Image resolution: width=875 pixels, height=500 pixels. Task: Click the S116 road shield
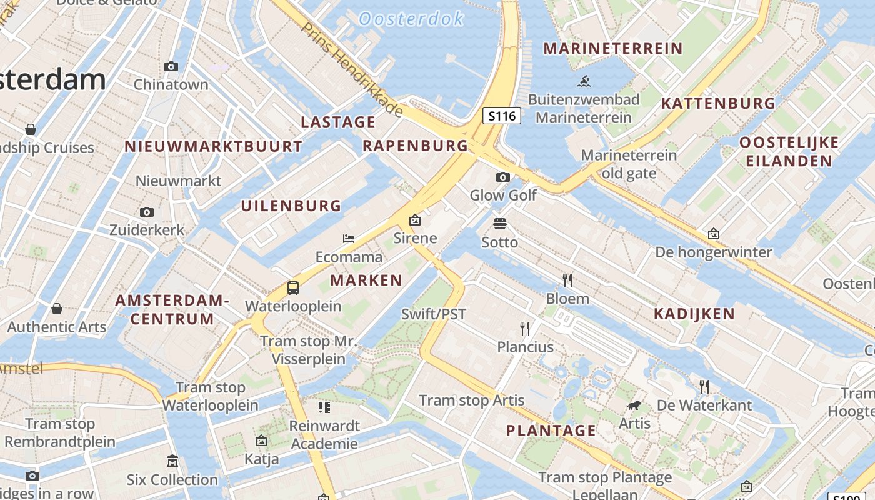[x=502, y=116]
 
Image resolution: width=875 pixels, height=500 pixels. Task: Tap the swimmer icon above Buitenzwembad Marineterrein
[x=584, y=81]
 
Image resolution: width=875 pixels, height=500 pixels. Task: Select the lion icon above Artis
[x=634, y=406]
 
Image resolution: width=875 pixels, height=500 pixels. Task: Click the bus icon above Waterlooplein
[x=293, y=288]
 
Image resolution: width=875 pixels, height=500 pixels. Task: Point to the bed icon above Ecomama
[x=349, y=239]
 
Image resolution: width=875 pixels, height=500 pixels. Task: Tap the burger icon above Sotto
[x=499, y=223]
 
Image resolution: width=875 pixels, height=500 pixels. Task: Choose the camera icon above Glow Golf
[x=502, y=177]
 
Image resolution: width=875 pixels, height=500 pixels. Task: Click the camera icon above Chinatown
[x=171, y=66]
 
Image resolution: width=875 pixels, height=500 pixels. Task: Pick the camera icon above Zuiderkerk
[x=147, y=212]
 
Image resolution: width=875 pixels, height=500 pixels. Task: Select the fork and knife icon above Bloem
[x=567, y=279]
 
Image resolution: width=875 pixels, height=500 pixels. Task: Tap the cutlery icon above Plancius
[x=525, y=328]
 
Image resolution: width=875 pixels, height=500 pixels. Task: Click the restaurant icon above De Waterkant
[x=704, y=387]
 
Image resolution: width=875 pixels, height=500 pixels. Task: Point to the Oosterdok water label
[x=411, y=19]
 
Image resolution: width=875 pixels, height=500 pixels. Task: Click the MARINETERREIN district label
[x=612, y=48]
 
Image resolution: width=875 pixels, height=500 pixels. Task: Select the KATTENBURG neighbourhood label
[x=718, y=103]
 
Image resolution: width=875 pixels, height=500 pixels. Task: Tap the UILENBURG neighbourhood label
[x=291, y=206]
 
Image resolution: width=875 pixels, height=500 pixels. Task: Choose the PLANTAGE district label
[x=551, y=431]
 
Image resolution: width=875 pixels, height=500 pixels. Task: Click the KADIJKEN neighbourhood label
[x=694, y=314]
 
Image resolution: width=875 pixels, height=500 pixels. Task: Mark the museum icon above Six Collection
[x=172, y=462]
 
